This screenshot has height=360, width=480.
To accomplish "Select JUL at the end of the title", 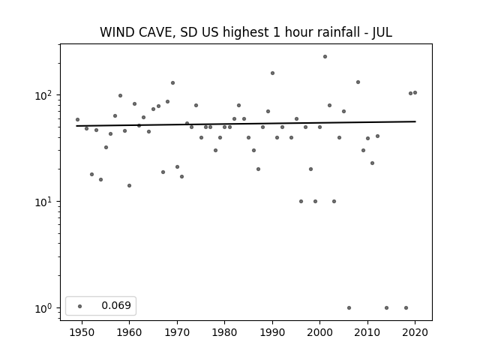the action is pos(382,32).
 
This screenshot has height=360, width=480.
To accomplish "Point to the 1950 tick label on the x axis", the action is pos(82,332).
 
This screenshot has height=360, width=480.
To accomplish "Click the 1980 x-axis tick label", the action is pos(224,332).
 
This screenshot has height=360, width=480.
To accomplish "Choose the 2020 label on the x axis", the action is pos(415,332).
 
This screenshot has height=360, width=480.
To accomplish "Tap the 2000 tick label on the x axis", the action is pos(320,332).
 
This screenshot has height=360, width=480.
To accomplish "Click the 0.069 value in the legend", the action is pos(116,305).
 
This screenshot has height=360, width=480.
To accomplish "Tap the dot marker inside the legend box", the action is pos(80,306).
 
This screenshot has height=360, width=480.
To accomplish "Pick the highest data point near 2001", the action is pos(325,57).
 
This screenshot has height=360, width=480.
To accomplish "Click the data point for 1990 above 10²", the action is pos(272,73).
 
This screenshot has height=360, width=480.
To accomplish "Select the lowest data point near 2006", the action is pos(349,308).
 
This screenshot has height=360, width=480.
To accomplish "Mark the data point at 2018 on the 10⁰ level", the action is pos(406,308).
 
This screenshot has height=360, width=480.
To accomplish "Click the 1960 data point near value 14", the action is pos(129,185).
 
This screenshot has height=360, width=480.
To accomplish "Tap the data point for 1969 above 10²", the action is pos(172,83).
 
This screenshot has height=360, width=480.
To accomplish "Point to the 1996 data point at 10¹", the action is pos(301,202).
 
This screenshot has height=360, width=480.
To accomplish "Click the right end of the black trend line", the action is pos(415,121).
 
